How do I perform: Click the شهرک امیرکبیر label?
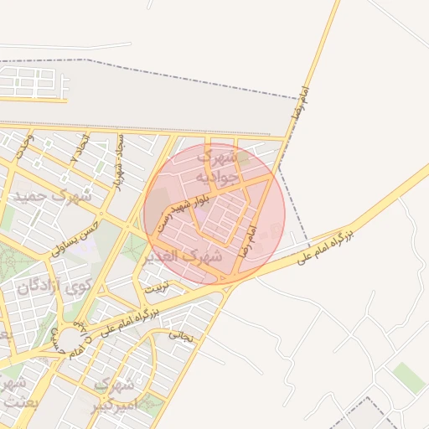(114, 395)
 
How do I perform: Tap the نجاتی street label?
(182, 334)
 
